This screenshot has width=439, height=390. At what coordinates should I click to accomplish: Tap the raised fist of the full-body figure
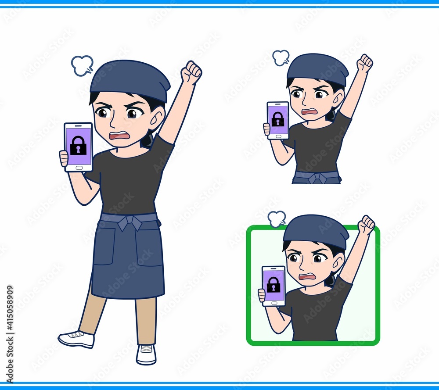[191, 72]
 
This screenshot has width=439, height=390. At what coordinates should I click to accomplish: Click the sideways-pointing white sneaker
[76, 339]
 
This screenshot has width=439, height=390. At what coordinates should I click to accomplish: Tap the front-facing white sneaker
[146, 354]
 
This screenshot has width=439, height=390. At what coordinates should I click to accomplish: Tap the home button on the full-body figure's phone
[79, 168]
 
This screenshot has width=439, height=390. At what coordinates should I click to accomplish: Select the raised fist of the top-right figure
[366, 63]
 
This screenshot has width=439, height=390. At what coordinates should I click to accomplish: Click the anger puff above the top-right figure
[281, 58]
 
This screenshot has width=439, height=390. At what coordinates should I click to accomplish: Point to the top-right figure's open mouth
[309, 111]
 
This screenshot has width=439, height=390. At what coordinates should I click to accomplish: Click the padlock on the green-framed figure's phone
[273, 284]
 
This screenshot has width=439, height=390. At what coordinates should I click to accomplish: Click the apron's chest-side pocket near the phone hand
[104, 246]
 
